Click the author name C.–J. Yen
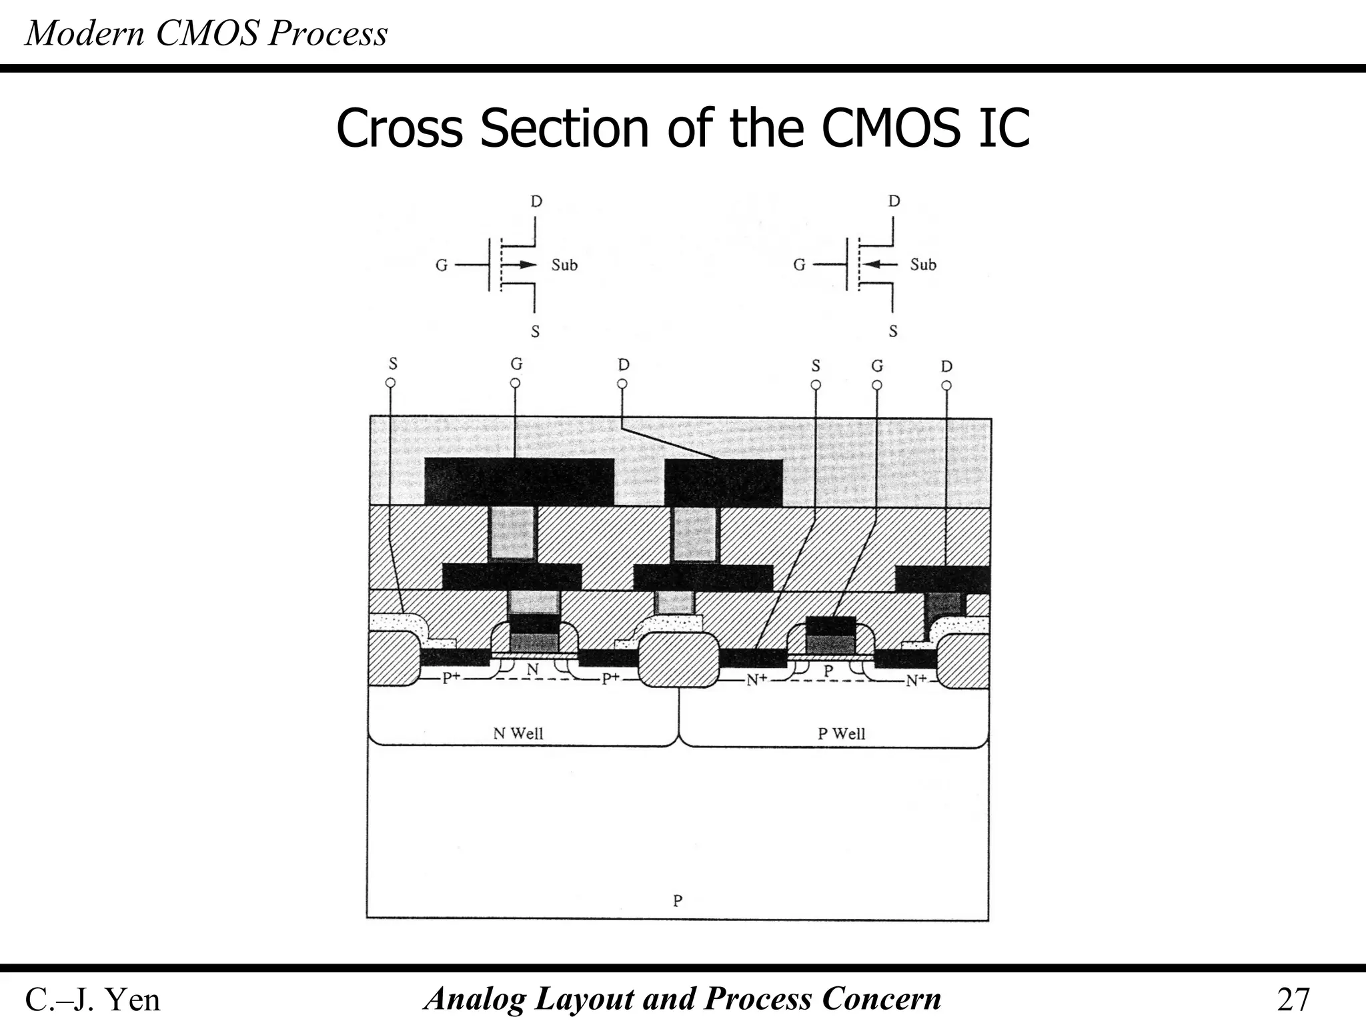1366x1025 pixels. click(93, 1000)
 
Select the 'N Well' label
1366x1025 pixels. click(518, 733)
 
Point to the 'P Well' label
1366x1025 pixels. click(841, 733)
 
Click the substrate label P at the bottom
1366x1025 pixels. click(678, 901)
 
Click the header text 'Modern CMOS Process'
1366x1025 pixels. click(206, 33)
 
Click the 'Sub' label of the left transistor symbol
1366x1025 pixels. click(564, 265)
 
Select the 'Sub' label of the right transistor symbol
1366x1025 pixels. click(923, 265)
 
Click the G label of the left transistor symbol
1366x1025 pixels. click(442, 266)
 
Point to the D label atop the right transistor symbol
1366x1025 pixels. click(894, 202)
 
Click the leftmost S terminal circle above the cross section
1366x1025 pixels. click(391, 383)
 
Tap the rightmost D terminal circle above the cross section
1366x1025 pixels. click(946, 385)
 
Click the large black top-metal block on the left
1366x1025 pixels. click(519, 482)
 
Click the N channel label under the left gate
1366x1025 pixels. click(532, 669)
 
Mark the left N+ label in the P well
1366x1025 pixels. click(756, 680)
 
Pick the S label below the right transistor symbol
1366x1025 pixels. click(893, 331)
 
